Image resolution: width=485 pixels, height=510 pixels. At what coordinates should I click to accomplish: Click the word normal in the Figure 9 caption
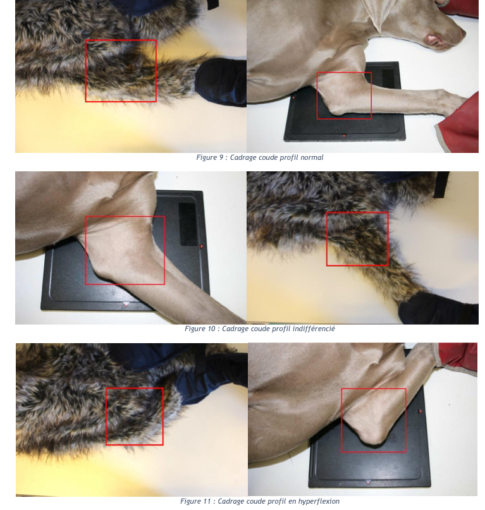click(x=312, y=157)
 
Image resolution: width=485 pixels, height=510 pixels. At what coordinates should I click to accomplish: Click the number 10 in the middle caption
click(x=211, y=329)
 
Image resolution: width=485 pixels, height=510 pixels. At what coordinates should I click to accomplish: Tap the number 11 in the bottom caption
click(x=207, y=501)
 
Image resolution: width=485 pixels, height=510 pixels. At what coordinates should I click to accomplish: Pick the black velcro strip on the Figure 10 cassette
click(x=188, y=224)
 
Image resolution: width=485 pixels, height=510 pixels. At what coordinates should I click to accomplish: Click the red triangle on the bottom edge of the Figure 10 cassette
click(x=126, y=305)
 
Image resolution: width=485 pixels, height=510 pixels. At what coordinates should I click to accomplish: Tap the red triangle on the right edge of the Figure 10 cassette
click(x=202, y=246)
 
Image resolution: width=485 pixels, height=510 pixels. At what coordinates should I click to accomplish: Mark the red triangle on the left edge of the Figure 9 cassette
click(x=293, y=97)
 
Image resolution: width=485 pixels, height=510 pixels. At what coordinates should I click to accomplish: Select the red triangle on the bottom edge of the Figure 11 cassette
click(x=368, y=482)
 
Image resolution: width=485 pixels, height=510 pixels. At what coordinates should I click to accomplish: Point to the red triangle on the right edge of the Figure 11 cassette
click(x=421, y=411)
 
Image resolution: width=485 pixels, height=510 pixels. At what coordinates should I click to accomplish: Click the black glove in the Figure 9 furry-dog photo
click(x=221, y=82)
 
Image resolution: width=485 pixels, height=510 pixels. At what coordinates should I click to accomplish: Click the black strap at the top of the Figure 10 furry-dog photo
click(x=442, y=185)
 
